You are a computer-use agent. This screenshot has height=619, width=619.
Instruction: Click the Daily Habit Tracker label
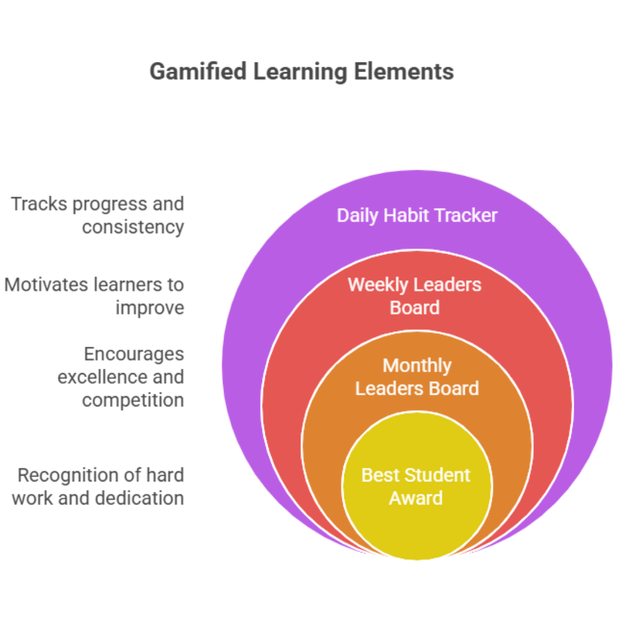coord(417,216)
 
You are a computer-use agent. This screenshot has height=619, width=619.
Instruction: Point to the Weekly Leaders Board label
coord(414,296)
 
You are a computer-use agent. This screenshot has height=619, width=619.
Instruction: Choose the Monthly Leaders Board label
coord(417,377)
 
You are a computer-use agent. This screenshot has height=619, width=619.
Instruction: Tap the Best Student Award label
coord(416,487)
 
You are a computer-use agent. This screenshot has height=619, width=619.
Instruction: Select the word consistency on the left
coord(132,227)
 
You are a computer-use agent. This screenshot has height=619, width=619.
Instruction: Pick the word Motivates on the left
coord(46,285)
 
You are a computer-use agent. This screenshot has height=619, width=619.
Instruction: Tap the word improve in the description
coord(150,308)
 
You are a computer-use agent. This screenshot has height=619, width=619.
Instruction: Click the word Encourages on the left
coord(134,354)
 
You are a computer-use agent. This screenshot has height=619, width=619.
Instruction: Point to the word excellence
coord(95,377)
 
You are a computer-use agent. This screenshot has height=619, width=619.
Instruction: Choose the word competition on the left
coord(132,400)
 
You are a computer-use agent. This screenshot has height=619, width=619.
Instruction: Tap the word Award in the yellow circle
coord(416,498)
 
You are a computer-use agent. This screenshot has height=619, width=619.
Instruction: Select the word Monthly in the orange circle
coord(417,366)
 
